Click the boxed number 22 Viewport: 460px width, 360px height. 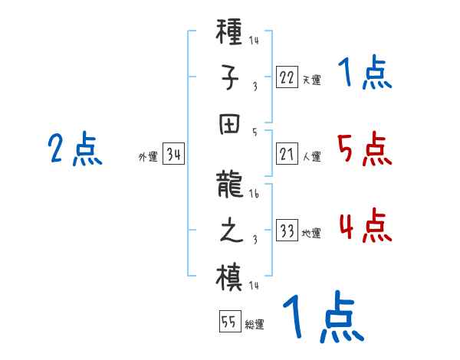[x=286, y=76]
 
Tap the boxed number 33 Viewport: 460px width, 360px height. [x=286, y=230]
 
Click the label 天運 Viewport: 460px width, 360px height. [x=311, y=80]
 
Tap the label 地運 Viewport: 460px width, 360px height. [x=311, y=233]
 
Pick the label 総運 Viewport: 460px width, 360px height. [x=255, y=324]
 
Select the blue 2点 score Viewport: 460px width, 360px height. [x=74, y=149]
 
